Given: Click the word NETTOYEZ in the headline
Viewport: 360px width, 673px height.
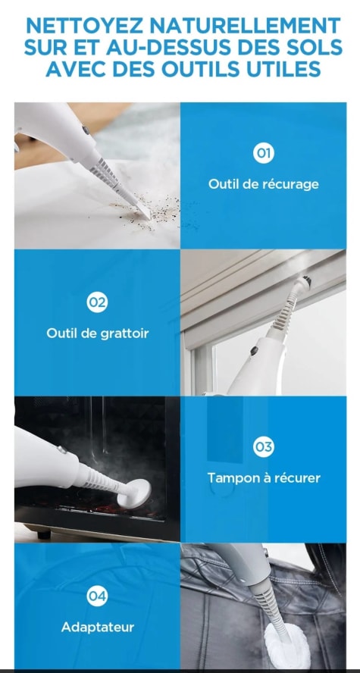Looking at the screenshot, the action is click(83, 26).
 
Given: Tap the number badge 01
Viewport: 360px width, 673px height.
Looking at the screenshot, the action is click(264, 153).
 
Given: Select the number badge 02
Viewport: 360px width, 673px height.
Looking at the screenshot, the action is click(97, 302).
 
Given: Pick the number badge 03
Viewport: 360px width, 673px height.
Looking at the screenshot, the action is click(264, 447).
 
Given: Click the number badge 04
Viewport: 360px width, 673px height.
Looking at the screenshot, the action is click(97, 596).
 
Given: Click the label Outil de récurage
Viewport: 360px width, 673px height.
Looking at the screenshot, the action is click(264, 184).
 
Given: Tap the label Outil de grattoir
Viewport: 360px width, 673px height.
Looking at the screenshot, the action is click(98, 333).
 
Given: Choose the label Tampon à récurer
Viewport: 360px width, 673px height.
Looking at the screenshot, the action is click(264, 477).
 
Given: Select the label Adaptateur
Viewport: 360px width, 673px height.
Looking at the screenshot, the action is click(98, 627).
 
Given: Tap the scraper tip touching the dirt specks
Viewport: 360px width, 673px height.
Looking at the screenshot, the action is click(144, 211).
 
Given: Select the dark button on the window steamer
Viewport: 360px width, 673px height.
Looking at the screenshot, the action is click(254, 351).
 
